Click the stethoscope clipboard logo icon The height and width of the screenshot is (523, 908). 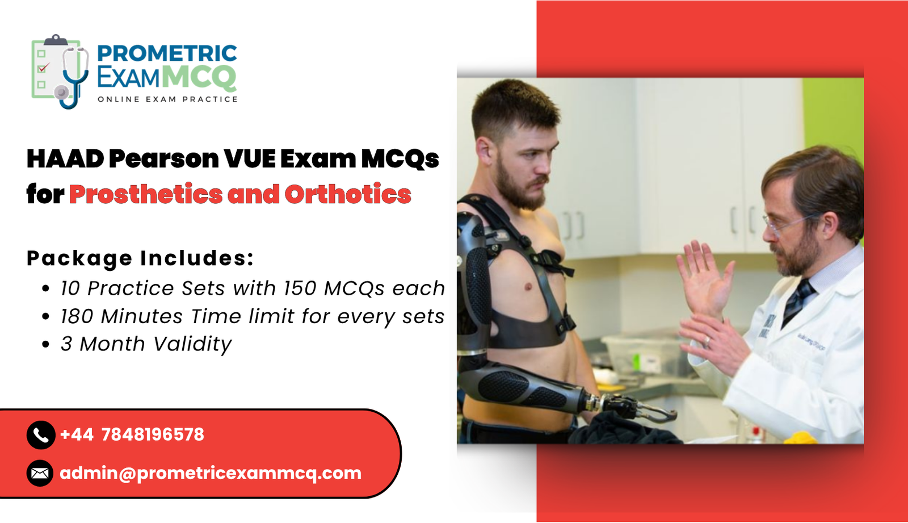click(x=59, y=71)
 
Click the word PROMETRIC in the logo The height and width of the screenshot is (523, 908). click(x=166, y=53)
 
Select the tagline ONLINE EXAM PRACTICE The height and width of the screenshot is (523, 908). click(x=167, y=99)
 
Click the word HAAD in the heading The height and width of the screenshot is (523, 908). click(x=65, y=159)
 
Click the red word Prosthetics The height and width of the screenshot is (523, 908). click(x=145, y=194)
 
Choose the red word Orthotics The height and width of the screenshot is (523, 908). click(x=347, y=194)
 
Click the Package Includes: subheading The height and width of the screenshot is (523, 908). click(x=140, y=258)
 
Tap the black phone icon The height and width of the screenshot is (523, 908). click(x=40, y=435)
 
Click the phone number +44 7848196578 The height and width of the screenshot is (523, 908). click(x=132, y=435)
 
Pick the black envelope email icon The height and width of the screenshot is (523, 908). click(x=40, y=472)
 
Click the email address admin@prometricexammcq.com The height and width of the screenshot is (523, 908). click(x=210, y=473)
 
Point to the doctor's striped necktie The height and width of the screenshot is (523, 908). click(x=798, y=301)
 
